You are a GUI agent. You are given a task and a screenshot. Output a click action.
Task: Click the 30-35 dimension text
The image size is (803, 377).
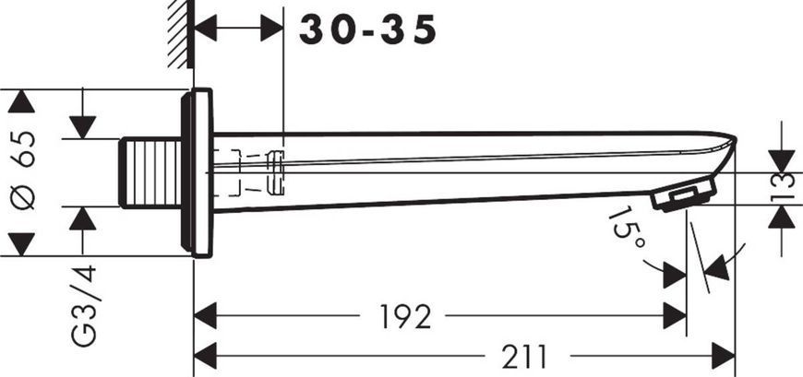367,29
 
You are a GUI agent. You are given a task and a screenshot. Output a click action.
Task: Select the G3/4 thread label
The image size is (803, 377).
83,305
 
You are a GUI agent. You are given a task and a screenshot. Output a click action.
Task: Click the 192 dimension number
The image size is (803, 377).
405,317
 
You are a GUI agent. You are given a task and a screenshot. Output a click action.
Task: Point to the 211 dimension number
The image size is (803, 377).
524,357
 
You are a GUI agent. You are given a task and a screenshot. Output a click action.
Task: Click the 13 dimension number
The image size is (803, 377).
782,188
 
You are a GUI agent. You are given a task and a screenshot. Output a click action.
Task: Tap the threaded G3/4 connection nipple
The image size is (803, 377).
150,173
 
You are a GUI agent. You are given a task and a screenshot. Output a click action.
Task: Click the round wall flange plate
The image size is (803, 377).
197,172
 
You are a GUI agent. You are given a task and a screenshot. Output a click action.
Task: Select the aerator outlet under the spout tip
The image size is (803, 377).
684,194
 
